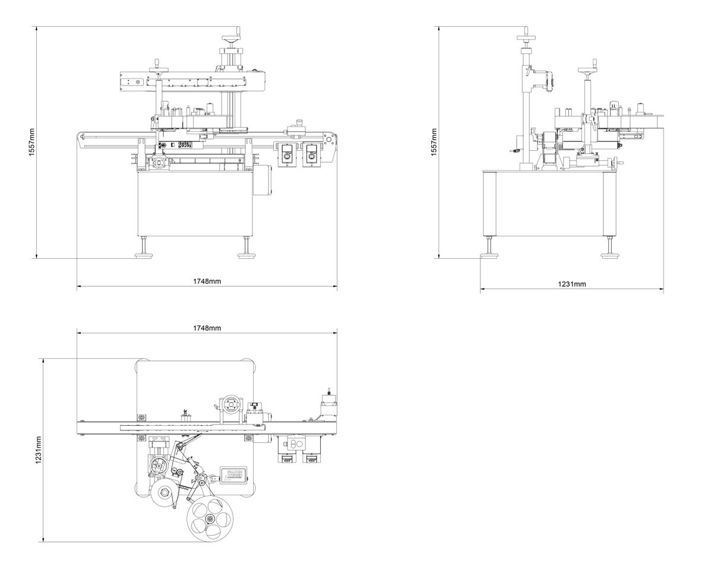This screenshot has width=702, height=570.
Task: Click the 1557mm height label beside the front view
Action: pos(31,142)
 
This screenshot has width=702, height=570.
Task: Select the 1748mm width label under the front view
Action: pos(207,280)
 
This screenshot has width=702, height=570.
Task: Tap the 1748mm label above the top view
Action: pos(207,328)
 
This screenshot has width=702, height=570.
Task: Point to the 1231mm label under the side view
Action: pos(572,284)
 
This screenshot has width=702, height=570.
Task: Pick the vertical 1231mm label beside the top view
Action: pos(39,450)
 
